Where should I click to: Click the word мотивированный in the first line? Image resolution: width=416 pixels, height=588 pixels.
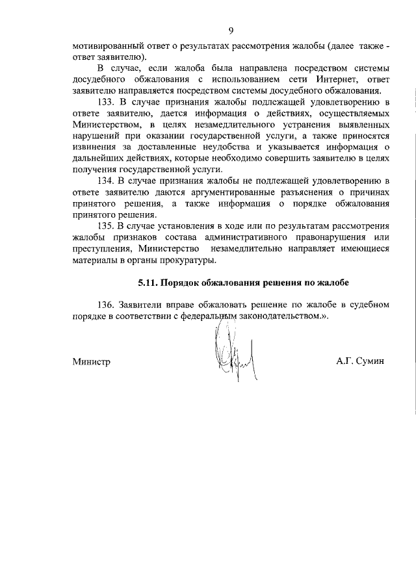click(105, 46)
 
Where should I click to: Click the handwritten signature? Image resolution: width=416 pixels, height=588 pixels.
click(230, 354)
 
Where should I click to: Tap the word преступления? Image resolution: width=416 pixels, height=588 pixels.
click(104, 249)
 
